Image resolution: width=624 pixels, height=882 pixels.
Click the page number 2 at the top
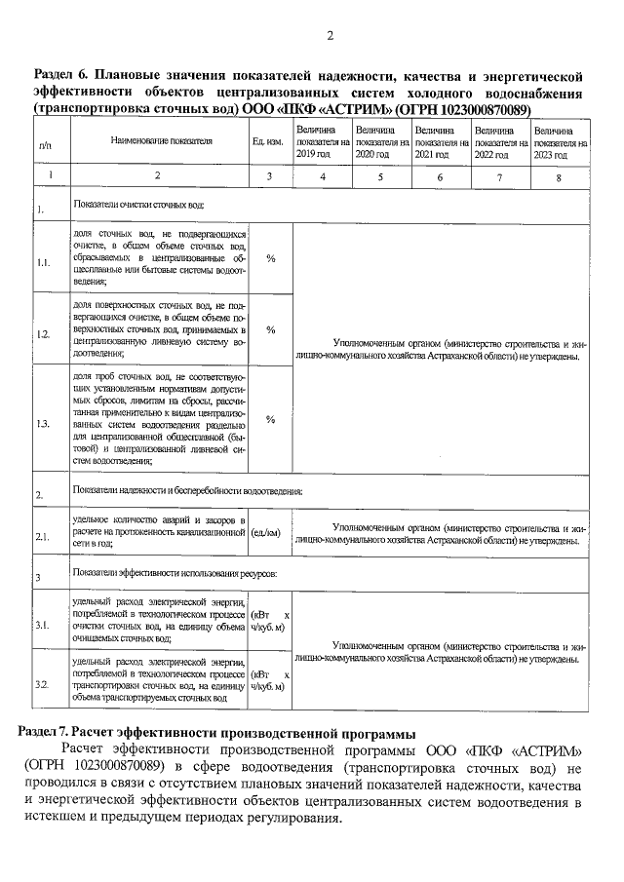tap(329, 36)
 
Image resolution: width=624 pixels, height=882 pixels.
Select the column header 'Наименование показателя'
tap(161, 141)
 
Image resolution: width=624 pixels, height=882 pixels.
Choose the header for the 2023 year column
tap(561, 141)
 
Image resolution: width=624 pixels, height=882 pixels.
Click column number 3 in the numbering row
tap(270, 177)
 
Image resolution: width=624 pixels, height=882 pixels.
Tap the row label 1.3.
tap(44, 425)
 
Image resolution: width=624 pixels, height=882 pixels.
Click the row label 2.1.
tap(44, 536)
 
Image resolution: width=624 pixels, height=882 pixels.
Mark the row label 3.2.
tap(44, 686)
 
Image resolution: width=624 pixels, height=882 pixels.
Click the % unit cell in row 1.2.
tap(270, 330)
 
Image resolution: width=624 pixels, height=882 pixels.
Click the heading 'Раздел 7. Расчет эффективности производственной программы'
tap(218, 732)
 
